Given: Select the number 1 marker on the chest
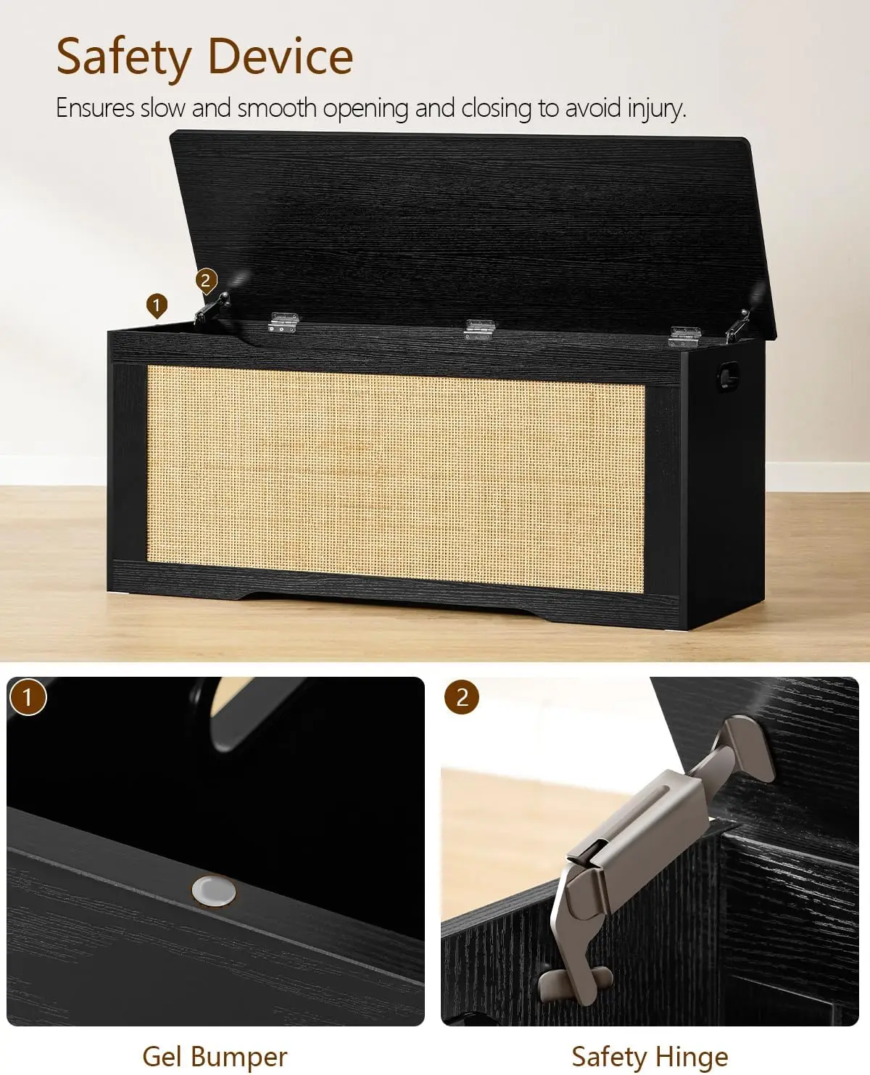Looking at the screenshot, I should (x=156, y=305).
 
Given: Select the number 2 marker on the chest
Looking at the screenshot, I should (x=207, y=280).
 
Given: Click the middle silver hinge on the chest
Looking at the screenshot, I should (x=478, y=328).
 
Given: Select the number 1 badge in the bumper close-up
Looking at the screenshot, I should (x=28, y=697).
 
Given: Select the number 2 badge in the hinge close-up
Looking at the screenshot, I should (x=462, y=697).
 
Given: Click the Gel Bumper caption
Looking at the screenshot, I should (x=215, y=1055).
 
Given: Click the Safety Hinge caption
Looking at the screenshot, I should (x=650, y=1055).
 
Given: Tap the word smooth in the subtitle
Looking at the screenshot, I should (x=277, y=109).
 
